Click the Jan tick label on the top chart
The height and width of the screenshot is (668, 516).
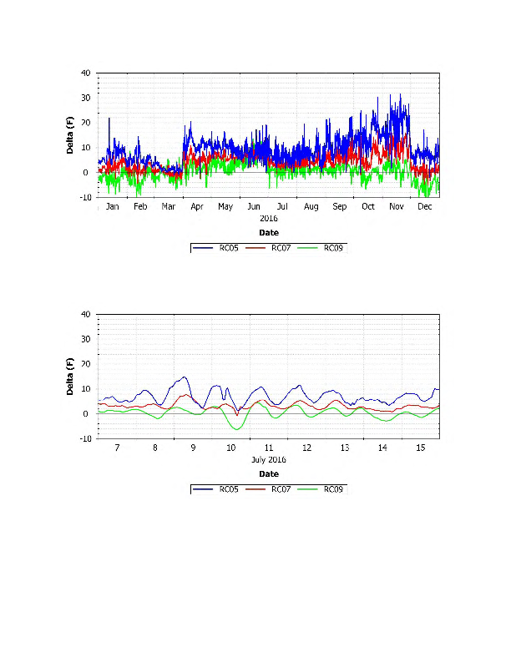(x=112, y=206)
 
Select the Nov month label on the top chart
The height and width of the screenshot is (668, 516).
(x=397, y=206)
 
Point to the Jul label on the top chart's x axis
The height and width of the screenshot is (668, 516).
(x=282, y=206)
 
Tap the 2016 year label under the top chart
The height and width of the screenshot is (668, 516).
(x=268, y=218)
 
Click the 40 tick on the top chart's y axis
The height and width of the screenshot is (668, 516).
(x=85, y=73)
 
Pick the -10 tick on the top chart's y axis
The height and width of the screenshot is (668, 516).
(x=83, y=198)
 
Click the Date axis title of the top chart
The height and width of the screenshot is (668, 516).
(x=268, y=233)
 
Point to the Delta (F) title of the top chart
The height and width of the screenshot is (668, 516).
(x=71, y=135)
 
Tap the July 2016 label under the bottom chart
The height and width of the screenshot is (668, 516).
(x=268, y=459)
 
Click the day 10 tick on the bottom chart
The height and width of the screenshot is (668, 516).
(x=231, y=448)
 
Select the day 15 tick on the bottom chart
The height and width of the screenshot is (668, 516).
(x=421, y=448)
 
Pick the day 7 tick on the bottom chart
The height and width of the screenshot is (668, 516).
(x=117, y=448)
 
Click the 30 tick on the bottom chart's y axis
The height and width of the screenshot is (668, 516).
(x=85, y=339)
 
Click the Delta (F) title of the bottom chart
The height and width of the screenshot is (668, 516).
(x=71, y=377)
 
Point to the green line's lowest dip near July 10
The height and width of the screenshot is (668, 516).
(x=239, y=429)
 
